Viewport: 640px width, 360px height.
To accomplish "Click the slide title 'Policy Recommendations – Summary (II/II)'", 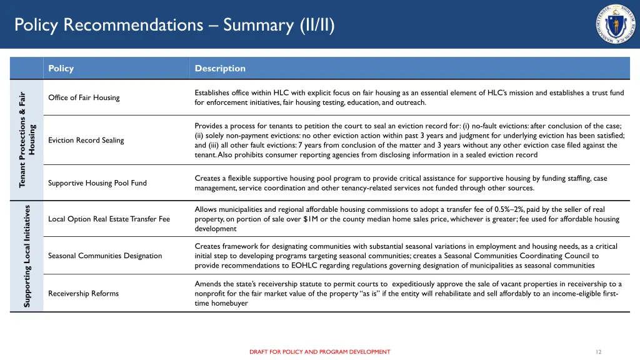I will click(x=174, y=25).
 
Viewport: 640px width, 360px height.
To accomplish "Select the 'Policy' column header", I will click(x=61, y=68).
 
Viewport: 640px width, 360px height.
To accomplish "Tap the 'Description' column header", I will click(x=220, y=68).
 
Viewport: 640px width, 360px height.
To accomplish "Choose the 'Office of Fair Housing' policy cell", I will click(x=84, y=97).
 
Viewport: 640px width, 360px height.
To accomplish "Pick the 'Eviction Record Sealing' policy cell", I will click(x=86, y=140).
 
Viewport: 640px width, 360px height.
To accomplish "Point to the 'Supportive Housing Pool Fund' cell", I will click(x=97, y=183).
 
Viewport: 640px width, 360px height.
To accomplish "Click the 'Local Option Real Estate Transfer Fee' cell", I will click(x=109, y=219).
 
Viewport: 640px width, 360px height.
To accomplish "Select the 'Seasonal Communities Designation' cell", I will click(x=104, y=256).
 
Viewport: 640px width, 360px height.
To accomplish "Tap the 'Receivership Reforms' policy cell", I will click(x=83, y=293).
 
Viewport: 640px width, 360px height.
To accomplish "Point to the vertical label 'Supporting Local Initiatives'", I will click(x=27, y=256).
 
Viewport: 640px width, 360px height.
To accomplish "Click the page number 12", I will click(x=598, y=352).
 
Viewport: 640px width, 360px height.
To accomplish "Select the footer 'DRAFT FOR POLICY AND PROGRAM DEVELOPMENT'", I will click(x=319, y=352).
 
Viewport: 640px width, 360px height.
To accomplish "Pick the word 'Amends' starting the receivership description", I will click(x=207, y=284).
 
